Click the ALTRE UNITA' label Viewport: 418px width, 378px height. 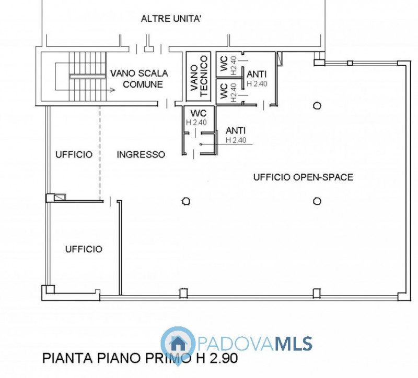(171, 19)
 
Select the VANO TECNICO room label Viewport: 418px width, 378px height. (199, 77)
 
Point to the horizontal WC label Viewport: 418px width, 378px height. (196, 113)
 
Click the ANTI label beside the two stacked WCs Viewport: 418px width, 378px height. (257, 75)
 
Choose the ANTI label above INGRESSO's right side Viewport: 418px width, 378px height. (236, 131)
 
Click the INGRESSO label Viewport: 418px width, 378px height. (141, 154)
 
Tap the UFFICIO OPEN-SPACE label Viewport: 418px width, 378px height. (303, 177)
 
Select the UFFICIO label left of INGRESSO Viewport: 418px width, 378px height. (74, 154)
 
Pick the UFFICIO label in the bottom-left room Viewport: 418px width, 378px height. (84, 249)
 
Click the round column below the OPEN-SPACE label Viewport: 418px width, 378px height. (317, 201)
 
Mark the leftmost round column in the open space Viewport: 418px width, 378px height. (185, 201)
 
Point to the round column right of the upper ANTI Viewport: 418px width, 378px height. (317, 106)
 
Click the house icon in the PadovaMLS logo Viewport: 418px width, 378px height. (177, 343)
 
